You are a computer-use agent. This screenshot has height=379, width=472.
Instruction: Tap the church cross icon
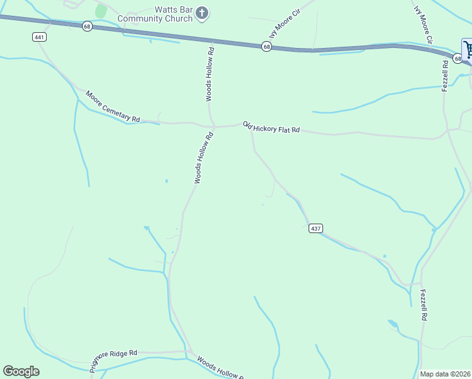[202, 13]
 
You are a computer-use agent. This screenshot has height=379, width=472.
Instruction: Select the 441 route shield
[40, 37]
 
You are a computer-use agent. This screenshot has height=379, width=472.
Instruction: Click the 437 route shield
[316, 228]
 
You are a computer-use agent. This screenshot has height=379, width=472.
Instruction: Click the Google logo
[21, 371]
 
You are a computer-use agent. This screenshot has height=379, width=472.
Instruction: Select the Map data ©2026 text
[445, 374]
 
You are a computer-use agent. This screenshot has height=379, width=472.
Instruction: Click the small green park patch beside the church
[100, 11]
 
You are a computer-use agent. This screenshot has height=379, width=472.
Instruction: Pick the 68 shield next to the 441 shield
[86, 26]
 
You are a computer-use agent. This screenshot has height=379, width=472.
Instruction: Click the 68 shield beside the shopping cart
[457, 57]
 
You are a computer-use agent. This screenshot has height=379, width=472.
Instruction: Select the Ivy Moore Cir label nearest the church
[283, 20]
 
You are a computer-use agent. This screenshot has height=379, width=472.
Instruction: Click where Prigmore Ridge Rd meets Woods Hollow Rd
[189, 352]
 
